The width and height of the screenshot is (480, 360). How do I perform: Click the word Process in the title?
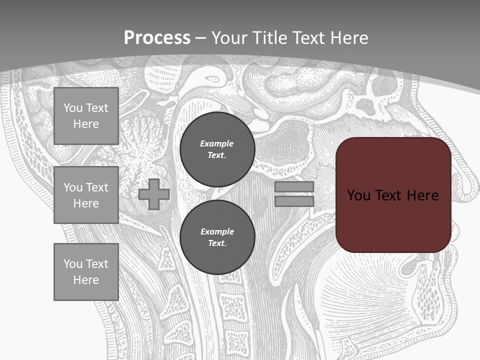click(x=157, y=38)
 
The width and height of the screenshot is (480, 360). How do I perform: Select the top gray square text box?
click(x=86, y=116)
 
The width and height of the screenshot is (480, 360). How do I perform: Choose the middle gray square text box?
click(x=86, y=195)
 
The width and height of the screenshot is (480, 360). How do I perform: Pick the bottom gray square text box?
click(x=86, y=271)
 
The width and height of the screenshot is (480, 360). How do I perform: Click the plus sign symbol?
click(x=154, y=194)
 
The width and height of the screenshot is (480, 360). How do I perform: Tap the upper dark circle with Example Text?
click(x=217, y=149)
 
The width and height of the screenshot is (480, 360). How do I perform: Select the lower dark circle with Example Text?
click(x=217, y=237)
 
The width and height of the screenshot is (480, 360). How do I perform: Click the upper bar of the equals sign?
click(x=294, y=187)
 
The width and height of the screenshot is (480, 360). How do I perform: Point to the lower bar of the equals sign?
click(x=294, y=201)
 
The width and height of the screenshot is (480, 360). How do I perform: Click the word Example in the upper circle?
click(x=216, y=143)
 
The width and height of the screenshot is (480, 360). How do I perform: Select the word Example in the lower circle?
click(x=217, y=231)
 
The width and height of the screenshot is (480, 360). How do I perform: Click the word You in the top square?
click(x=73, y=108)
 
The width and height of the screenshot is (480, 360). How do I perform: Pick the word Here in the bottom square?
click(x=86, y=280)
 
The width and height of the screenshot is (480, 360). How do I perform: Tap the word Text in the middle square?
click(x=97, y=187)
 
